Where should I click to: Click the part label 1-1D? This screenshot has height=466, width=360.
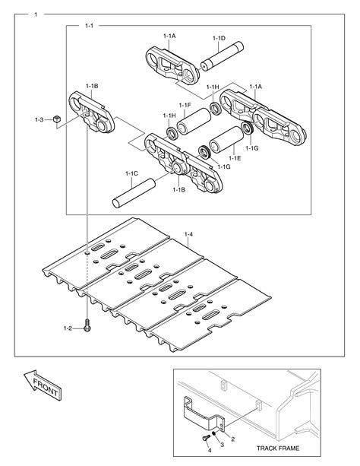219,38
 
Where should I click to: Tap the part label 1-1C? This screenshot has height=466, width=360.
131,173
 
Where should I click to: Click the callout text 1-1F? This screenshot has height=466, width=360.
185,105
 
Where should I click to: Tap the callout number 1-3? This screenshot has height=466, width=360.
39,119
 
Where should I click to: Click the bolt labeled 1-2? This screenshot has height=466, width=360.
88,328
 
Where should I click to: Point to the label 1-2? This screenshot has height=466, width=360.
68,328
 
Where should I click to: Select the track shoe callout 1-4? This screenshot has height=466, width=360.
189,233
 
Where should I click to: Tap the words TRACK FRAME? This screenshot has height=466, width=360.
277,449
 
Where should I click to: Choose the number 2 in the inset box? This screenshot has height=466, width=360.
233,439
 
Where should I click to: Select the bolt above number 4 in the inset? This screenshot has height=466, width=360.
204,439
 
